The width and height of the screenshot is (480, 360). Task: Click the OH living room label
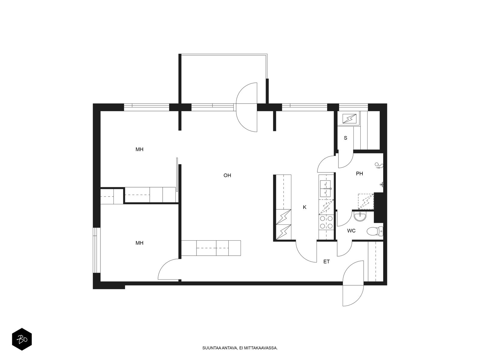[x=227, y=175]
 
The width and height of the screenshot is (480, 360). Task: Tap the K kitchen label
[x=304, y=207]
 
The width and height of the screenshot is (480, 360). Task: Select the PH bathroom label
[x=359, y=174]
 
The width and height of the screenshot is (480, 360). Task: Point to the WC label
[x=351, y=231]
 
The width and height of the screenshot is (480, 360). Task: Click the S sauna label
[x=346, y=138]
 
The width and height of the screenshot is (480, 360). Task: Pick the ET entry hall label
[x=326, y=262]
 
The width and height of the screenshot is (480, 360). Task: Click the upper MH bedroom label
[x=139, y=149]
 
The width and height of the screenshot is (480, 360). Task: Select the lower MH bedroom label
[x=139, y=243]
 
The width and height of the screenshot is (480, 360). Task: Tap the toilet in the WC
[x=375, y=232]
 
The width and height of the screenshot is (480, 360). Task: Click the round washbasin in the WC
[x=360, y=217]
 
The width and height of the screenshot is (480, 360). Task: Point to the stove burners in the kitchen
[x=326, y=222]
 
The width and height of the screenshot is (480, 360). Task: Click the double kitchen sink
[x=326, y=188]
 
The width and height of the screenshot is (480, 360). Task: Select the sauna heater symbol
[x=349, y=119]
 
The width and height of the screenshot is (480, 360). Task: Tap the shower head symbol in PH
[x=379, y=166]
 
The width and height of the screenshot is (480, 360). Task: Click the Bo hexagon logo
[x=22, y=339]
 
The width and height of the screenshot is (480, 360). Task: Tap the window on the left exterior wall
[x=95, y=250]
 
